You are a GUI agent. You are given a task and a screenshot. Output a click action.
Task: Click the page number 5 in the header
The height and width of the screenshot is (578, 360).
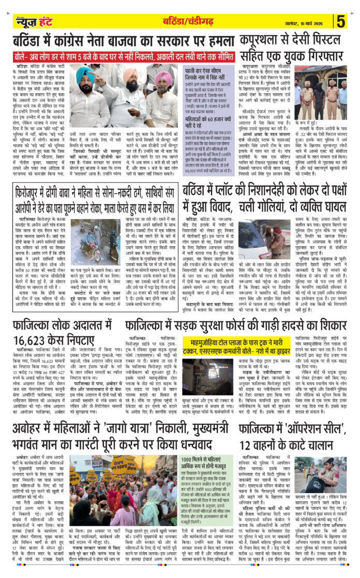pyautogui.click(x=341, y=21)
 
